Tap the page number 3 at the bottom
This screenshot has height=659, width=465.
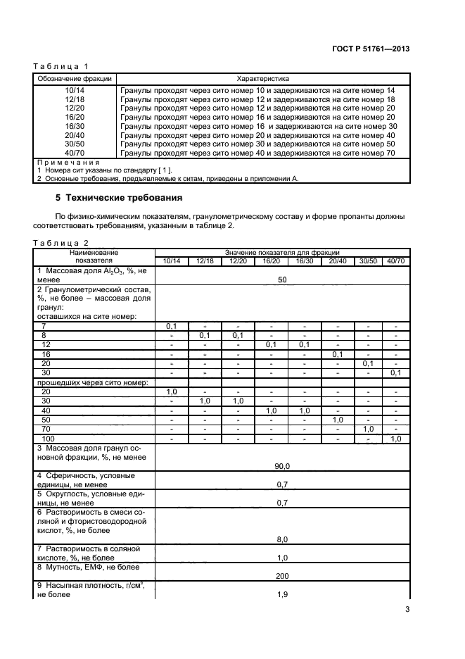tap(408, 610)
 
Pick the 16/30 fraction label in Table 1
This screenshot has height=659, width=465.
tap(75, 126)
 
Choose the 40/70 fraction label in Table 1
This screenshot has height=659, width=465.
tap(75, 152)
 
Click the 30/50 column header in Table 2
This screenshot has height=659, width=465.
tap(367, 261)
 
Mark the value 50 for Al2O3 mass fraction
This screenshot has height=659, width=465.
tap(282, 280)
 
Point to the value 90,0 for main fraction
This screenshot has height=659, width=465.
tap(282, 465)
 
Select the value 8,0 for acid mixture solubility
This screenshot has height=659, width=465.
tap(282, 539)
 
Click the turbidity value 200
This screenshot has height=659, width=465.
tap(282, 575)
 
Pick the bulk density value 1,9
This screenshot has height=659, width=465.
tap(282, 594)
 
